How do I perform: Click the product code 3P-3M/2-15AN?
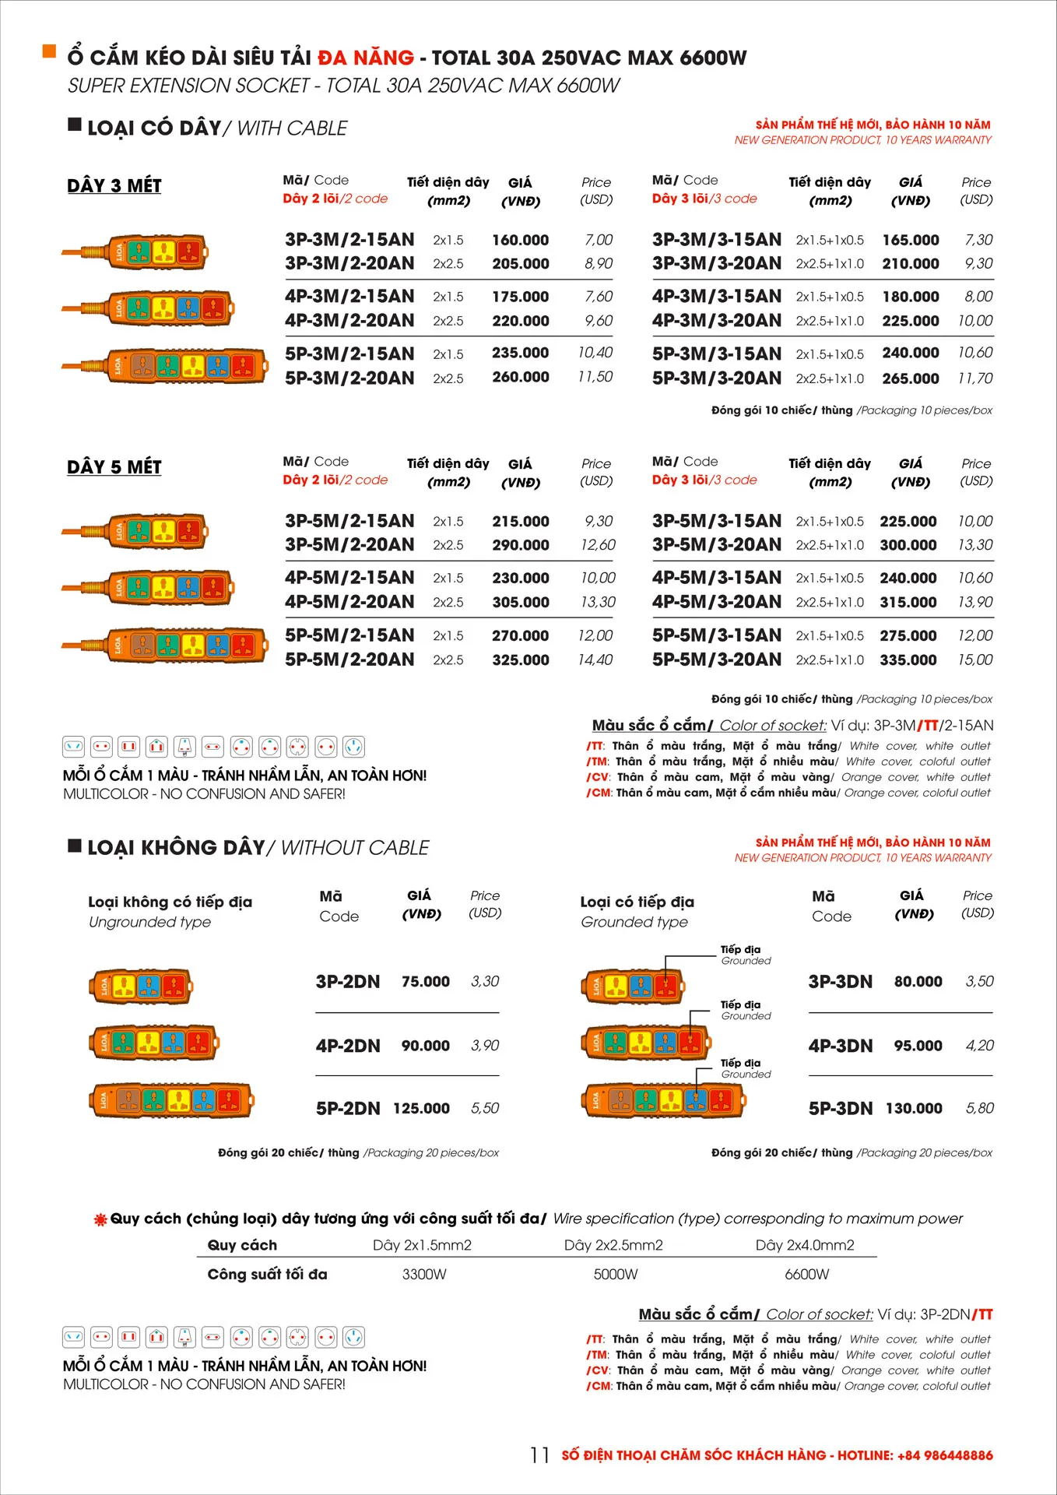point(349,240)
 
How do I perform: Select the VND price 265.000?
point(910,378)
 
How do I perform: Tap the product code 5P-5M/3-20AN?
point(716,660)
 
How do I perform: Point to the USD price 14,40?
point(595,660)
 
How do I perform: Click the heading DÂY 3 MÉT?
point(114,185)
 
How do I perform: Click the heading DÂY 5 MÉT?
point(114,467)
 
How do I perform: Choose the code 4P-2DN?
point(348,1046)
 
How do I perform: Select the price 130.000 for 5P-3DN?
point(914,1108)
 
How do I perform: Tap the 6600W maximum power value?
point(807,1275)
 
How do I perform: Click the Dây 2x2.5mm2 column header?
point(613,1245)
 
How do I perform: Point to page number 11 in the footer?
point(539,1455)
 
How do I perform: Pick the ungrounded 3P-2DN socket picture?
point(141,987)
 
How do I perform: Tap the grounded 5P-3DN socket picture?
point(663,1099)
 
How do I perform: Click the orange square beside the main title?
point(49,51)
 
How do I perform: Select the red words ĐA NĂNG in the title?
point(366,58)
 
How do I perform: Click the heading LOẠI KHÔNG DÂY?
point(177,847)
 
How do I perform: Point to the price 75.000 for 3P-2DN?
point(425,982)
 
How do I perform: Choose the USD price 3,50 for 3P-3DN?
point(979,982)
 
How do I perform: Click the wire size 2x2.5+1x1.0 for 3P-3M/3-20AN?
point(830,264)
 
